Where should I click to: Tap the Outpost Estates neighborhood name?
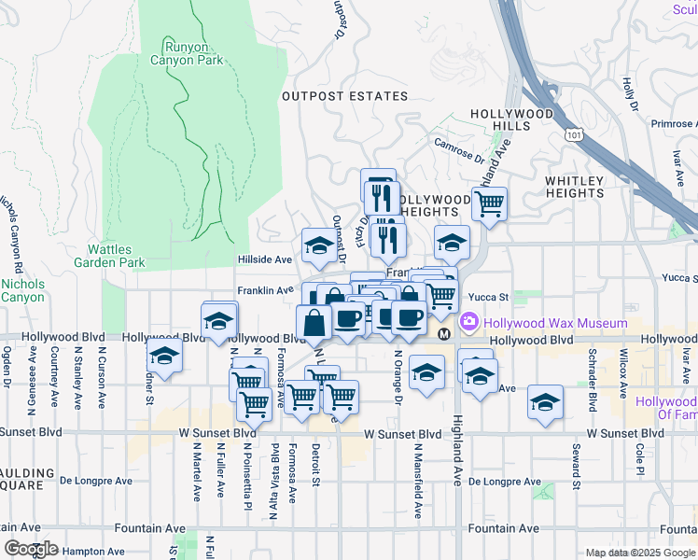[x=346, y=96]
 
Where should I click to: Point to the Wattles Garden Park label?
[x=117, y=256]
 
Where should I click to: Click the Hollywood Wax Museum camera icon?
[x=468, y=323]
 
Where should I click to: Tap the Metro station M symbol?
[x=444, y=333]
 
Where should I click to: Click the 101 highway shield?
[x=570, y=136]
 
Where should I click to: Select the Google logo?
[x=31, y=549]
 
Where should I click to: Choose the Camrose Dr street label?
[x=459, y=146]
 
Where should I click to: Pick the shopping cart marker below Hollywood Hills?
[x=489, y=203]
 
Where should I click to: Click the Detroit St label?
[x=316, y=465]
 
